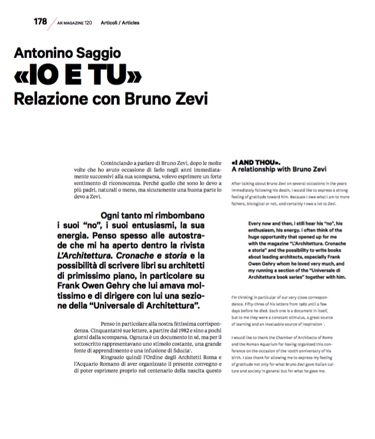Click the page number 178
[40, 22]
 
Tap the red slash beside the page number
[51, 24]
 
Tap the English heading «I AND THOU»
[255, 161]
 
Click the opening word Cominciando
[122, 162]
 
